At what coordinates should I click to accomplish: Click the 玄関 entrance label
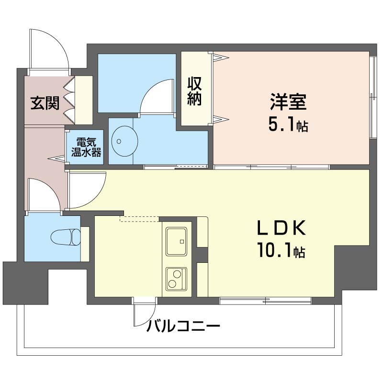pos(45,103)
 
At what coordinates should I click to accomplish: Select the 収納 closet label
pos(194,90)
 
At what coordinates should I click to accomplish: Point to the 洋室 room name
pos(288,102)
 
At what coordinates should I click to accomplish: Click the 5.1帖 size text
pos(287,125)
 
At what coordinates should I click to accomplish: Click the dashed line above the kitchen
pos(139,219)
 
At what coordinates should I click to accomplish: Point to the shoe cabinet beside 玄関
pos(84,100)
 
